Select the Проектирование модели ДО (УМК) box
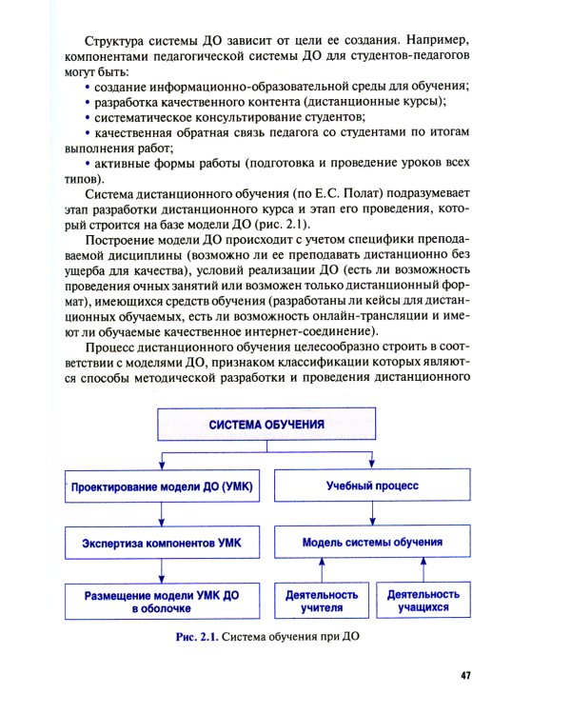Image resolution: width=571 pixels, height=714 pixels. click(161, 488)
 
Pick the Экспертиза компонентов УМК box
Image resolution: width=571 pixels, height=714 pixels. click(161, 543)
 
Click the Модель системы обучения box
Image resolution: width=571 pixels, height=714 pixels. click(372, 543)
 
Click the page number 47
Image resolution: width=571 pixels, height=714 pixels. click(465, 675)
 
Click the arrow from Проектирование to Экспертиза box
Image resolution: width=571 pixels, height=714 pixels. click(161, 515)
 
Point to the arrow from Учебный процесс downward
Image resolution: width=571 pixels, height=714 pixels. click(372, 515)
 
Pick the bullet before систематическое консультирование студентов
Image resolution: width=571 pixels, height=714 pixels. click(88, 116)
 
